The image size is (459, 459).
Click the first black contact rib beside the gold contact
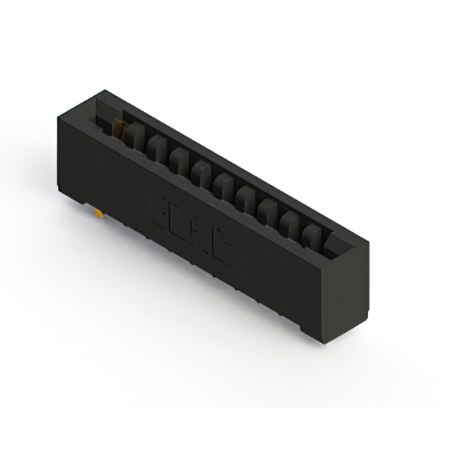pyautogui.click(x=135, y=135)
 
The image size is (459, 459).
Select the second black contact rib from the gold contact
pyautogui.click(x=156, y=146)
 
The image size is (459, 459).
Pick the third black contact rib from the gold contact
pyautogui.click(x=179, y=157)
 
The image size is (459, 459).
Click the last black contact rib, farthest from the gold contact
pyautogui.click(x=312, y=232)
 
